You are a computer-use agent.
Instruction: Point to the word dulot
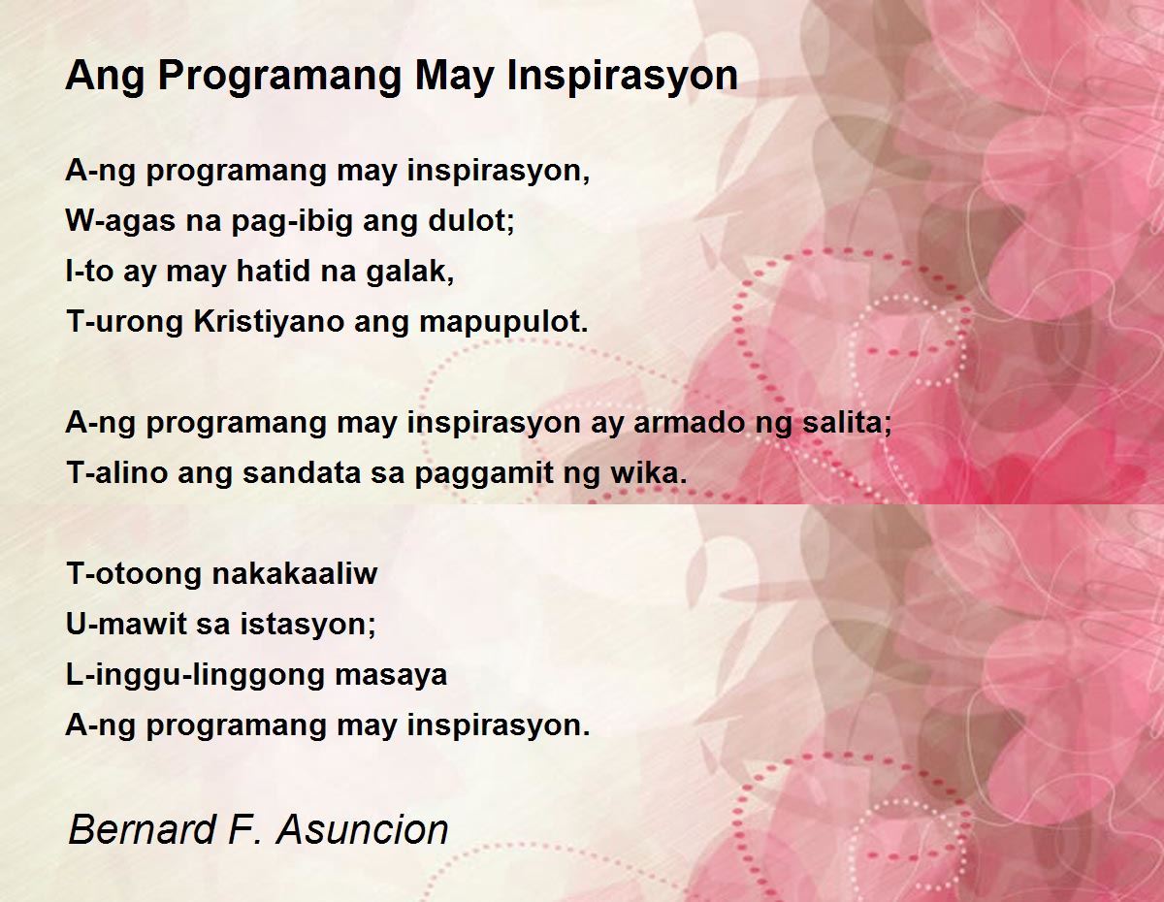point(470,221)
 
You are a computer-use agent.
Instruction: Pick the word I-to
point(89,271)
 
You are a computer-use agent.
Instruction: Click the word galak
point(409,272)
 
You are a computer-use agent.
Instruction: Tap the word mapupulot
point(503,322)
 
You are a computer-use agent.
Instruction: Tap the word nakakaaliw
point(295,573)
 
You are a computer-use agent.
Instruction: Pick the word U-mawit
point(125,624)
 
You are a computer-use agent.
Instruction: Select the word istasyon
point(307,625)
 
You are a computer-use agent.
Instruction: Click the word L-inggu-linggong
point(194,675)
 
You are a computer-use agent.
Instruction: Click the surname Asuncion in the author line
point(362,829)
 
